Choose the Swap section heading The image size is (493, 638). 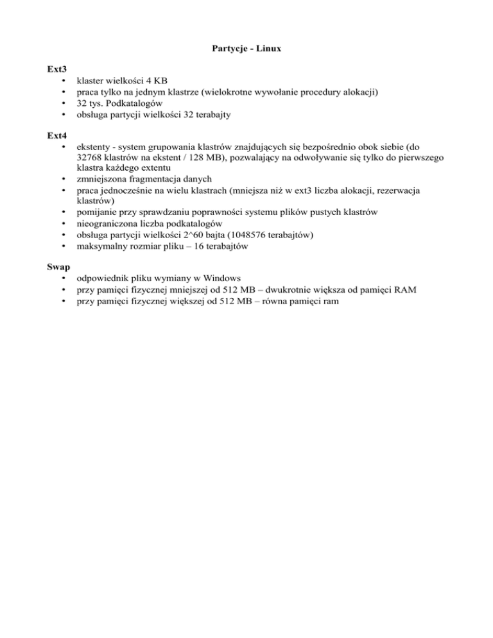(58, 265)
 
